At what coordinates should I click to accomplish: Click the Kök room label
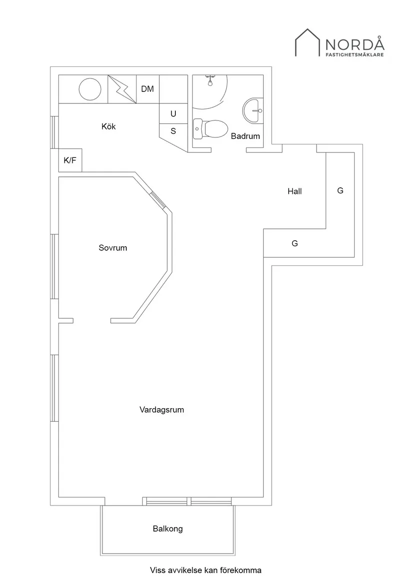coord(108,127)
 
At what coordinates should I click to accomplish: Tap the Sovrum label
coord(113,248)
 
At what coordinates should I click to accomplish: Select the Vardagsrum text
coord(162,410)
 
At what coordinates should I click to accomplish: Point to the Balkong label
coord(168,529)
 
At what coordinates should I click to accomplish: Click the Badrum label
coord(245,136)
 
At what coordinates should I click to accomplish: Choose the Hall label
coord(295,191)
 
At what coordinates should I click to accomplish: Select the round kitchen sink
coord(90,89)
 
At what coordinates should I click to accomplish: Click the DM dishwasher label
coord(147,89)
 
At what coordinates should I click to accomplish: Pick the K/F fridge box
coord(69,160)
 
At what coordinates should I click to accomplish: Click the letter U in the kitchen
coord(173,114)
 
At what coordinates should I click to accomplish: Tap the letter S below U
coord(173,131)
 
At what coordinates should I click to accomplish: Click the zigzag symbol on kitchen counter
coord(122,89)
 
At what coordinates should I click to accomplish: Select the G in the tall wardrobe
coord(341,191)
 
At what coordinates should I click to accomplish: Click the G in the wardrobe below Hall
coord(295,244)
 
